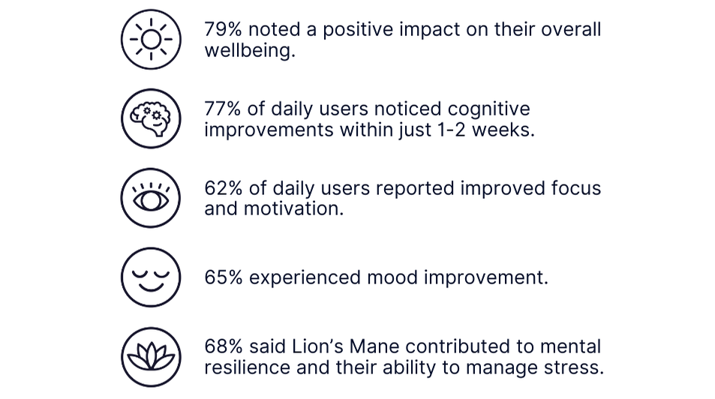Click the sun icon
coord(151,40)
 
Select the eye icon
coord(151,198)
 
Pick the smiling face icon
coord(151,277)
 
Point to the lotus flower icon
coord(151,357)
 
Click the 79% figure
coord(223,29)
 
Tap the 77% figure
coord(223,109)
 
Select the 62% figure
coord(224,188)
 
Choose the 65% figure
coord(224,277)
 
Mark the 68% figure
coord(224,346)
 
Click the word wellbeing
coord(247,50)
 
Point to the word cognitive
coord(489,109)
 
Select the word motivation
coord(291,209)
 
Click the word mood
coord(392,277)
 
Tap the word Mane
coord(374,346)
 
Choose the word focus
coord(576,188)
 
